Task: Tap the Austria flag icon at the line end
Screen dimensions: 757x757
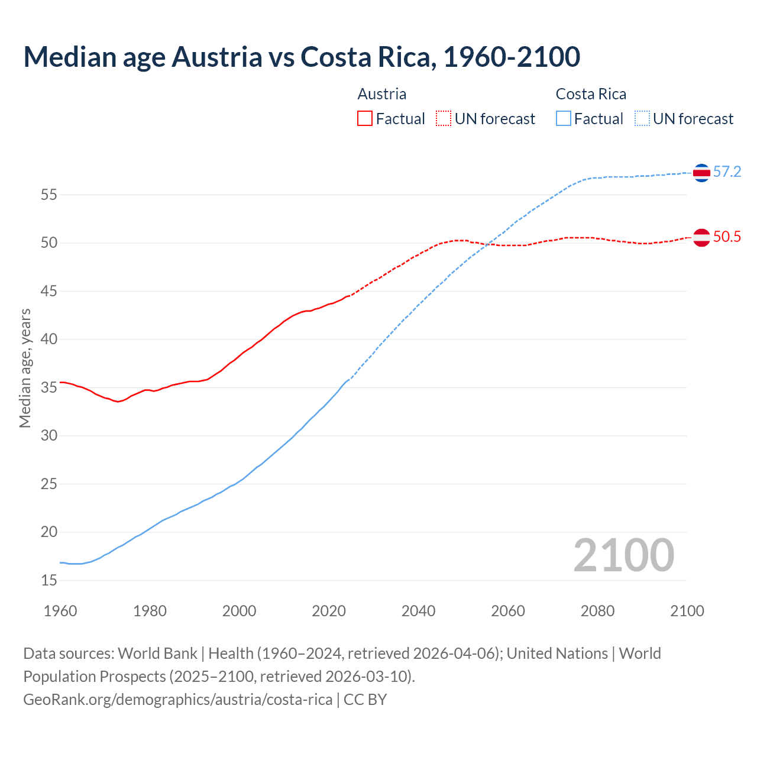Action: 701,237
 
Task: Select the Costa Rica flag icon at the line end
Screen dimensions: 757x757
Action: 701,173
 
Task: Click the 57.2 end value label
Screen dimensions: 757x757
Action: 727,172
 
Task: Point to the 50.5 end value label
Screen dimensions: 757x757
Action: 727,237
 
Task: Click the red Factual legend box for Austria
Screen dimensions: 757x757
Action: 365,119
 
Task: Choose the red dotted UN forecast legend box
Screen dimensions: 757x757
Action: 444,119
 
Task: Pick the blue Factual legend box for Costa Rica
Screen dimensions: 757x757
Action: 564,119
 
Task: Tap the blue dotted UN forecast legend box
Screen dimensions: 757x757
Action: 642,119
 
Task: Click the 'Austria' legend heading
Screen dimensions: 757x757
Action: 382,94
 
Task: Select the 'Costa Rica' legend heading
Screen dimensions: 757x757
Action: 591,94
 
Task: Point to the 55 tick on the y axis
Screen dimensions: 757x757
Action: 49,195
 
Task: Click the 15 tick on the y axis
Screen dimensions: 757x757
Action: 49,580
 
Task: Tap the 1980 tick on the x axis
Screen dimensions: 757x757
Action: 150,611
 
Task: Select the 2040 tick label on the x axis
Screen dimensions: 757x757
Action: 418,611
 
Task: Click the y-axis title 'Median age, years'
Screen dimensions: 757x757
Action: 25,368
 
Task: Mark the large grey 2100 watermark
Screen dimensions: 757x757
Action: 623,555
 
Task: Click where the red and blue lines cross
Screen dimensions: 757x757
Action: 490,243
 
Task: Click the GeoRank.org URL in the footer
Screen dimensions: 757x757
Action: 177,700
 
